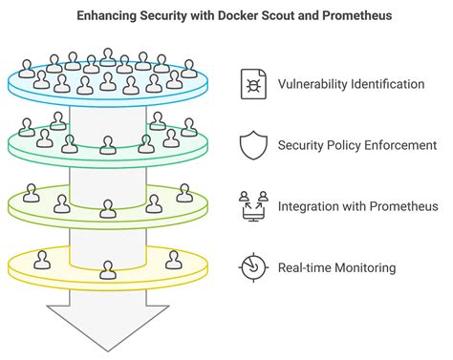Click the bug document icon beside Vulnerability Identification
[x=252, y=84]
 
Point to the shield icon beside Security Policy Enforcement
[x=252, y=145]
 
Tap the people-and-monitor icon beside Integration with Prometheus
[x=252, y=206]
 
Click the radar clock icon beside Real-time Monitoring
[x=252, y=267]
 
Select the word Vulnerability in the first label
[x=313, y=84]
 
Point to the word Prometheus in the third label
[x=403, y=206]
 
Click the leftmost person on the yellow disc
[x=42, y=259]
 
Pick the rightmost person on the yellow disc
[x=173, y=259]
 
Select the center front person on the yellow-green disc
[x=108, y=207]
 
